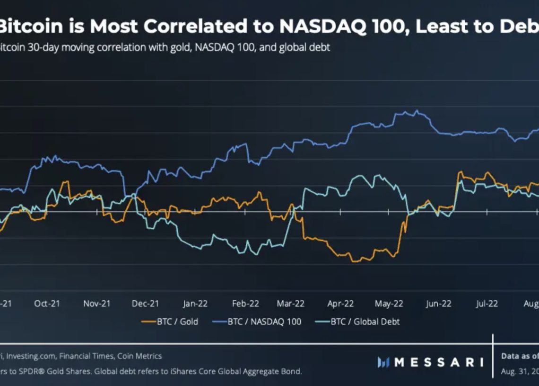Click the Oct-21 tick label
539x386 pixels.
tap(47, 304)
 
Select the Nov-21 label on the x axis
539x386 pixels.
tap(96, 304)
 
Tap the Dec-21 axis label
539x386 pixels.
tap(146, 304)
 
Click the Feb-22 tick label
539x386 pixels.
tap(245, 304)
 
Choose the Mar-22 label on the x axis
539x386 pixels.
tap(291, 304)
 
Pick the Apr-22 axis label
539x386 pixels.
tap(340, 304)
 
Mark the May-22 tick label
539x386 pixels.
tap(389, 304)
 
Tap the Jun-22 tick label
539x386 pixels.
tap(438, 304)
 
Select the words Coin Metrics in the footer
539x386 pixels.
tap(140, 356)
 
